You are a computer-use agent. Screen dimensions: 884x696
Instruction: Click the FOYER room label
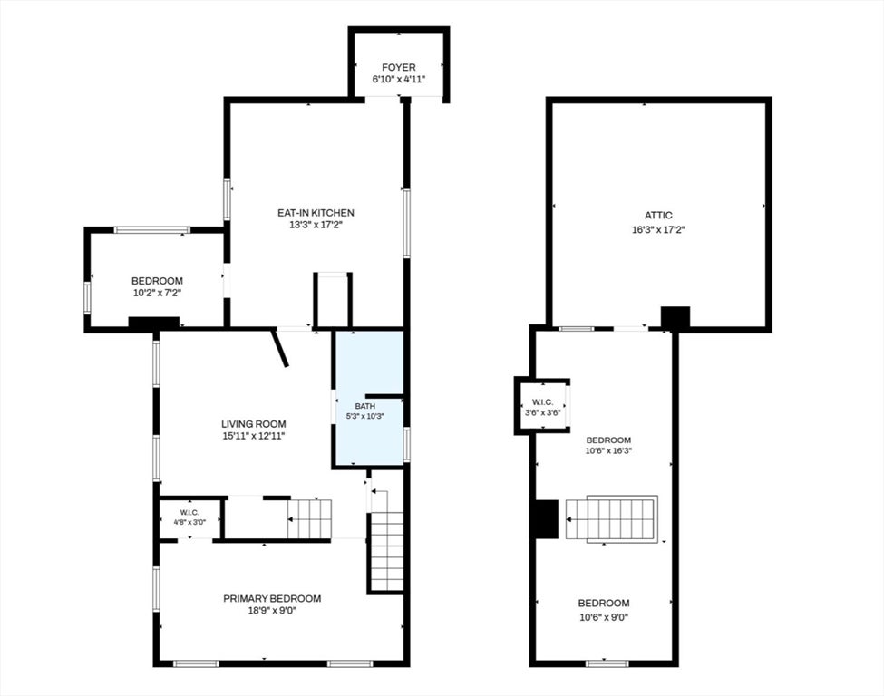399,68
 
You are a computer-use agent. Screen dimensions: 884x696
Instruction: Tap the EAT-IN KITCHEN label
316,213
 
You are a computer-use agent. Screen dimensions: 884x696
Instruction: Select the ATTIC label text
658,216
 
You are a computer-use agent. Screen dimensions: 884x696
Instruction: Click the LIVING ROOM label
253,424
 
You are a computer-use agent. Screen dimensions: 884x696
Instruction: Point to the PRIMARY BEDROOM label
272,598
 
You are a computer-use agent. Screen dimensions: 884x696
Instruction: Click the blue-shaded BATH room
370,399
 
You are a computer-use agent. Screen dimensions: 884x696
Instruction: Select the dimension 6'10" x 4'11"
399,80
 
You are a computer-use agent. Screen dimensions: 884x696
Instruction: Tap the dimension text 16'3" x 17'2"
658,230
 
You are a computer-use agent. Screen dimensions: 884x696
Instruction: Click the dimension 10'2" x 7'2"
157,293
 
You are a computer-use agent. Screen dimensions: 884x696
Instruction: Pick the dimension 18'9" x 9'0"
272,611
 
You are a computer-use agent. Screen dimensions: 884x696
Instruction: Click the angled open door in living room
280,348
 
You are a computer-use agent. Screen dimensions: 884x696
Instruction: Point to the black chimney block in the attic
675,318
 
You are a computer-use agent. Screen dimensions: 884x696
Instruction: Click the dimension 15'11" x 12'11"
253,436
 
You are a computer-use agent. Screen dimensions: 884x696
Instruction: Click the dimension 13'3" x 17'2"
316,225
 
